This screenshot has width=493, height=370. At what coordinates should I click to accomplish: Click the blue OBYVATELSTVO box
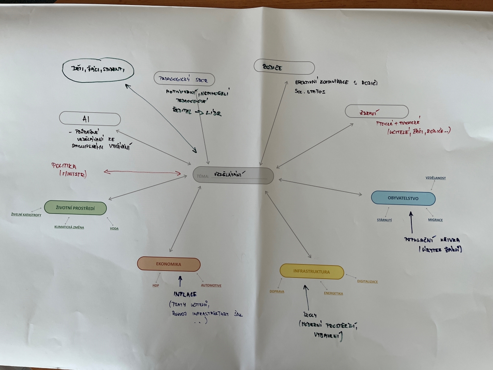pos(403,198)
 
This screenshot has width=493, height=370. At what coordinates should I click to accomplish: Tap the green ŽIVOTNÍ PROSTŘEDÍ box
pos(75,208)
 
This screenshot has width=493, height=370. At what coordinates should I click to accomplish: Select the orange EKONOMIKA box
pos(169,264)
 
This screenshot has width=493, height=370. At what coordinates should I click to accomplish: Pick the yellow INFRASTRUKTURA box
pos(312,271)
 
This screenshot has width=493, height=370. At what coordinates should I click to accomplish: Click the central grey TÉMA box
pos(233,175)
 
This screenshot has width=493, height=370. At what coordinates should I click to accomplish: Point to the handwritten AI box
pos(90,119)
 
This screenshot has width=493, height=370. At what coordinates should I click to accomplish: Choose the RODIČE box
pos(284,67)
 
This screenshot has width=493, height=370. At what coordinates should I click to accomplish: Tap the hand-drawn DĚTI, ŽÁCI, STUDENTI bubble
pos(98,70)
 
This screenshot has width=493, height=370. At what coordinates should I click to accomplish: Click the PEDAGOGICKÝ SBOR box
pos(184,79)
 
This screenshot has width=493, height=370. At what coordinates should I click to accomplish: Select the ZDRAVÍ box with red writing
pos(376,112)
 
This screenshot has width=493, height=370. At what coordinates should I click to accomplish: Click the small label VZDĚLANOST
pos(436,178)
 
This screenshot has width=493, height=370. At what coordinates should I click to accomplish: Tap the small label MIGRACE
pos(435,220)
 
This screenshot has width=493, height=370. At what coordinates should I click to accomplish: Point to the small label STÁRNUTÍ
pos(384,220)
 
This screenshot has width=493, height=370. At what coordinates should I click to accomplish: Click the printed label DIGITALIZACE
pos(367,281)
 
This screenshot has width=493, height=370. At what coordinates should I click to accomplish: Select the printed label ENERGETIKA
pos(333,293)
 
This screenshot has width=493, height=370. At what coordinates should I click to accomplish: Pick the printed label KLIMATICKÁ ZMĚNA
pos(69,227)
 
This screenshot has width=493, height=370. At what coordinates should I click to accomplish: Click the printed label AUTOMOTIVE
pos(211,286)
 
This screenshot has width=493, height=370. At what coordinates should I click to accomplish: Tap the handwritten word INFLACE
pos(185,294)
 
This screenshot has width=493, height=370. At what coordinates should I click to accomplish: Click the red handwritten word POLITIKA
pos(64,166)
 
